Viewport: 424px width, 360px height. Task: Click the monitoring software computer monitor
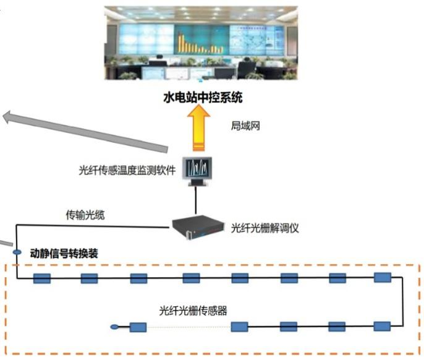click(x=197, y=168)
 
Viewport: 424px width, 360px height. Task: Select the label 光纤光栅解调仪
click(x=265, y=228)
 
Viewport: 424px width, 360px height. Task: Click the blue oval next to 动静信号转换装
click(x=17, y=252)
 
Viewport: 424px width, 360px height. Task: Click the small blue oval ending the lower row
click(x=112, y=327)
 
